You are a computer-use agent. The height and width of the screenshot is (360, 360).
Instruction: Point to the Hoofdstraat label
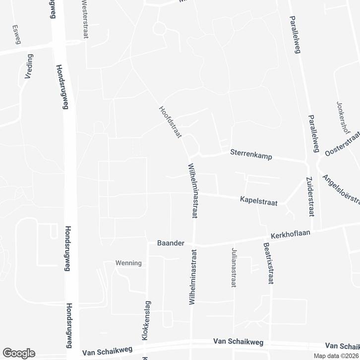pos(170,121)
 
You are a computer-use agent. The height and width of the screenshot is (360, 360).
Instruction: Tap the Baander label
pos(171,243)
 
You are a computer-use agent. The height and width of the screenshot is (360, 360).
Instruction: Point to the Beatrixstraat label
pos(269,263)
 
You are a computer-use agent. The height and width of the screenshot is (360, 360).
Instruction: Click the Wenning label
pos(128,263)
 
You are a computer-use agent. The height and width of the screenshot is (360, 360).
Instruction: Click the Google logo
pos(18,353)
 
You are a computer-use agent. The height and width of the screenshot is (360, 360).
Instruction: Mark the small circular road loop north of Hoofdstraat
pos(159,29)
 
